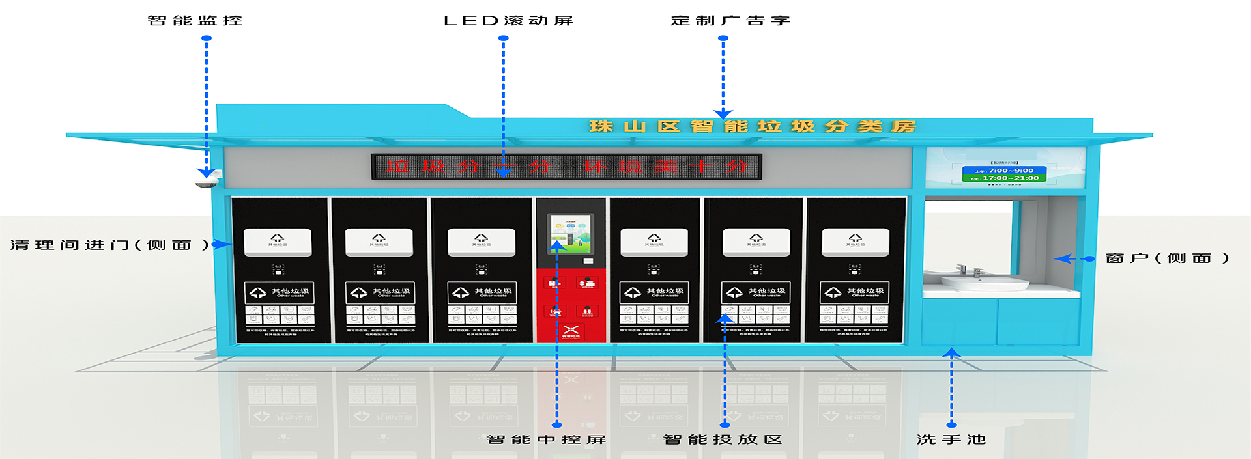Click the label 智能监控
tap(195, 21)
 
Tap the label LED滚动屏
tap(508, 21)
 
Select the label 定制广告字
tap(730, 21)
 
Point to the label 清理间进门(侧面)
tap(109, 245)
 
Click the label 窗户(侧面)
tap(1167, 258)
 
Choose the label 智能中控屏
tap(546, 439)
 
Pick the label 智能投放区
tap(722, 439)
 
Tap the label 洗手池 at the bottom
tap(951, 439)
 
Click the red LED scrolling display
tap(566, 167)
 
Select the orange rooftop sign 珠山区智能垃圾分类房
tap(752, 126)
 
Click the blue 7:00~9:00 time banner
tap(1004, 171)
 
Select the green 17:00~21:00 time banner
tap(1004, 178)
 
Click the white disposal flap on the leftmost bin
tap(278, 242)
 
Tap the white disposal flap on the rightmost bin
tap(856, 242)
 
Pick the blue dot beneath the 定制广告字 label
tap(723, 38)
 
